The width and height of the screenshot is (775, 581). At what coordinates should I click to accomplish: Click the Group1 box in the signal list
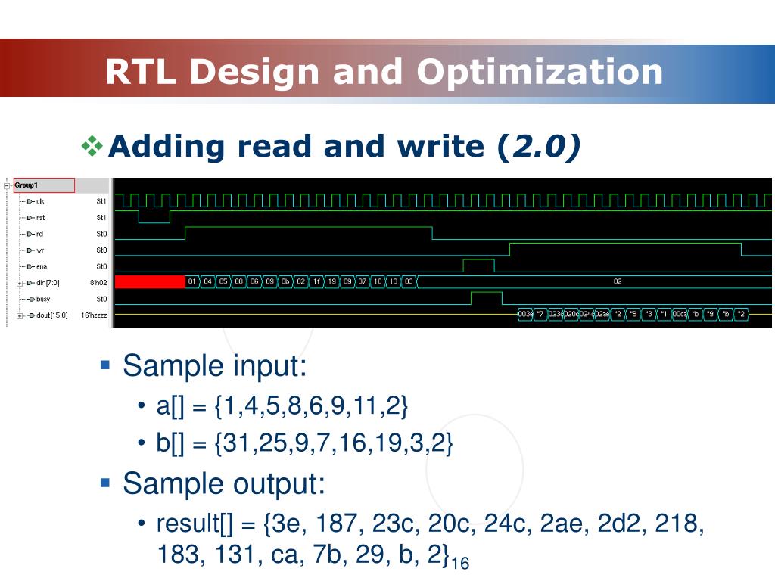pos(44,185)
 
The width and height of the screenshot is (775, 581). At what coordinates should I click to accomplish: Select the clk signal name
pos(40,201)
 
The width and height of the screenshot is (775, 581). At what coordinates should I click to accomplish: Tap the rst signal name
pos(40,217)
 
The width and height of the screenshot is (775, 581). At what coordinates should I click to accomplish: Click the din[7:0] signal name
pos(46,283)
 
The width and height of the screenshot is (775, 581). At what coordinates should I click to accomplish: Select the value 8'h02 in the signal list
pos(99,283)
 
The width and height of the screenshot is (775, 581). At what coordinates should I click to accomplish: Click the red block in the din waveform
pos(149,282)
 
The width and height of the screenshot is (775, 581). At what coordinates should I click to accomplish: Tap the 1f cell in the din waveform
pos(316,282)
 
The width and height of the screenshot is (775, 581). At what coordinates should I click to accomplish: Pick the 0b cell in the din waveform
pos(285,282)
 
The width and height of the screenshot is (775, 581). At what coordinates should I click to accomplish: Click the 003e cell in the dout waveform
pos(524,314)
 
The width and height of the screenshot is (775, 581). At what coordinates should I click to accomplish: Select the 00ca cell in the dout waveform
pos(679,314)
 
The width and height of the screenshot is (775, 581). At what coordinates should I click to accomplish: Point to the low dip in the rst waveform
pos(154,219)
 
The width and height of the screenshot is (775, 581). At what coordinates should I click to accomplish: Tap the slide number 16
pos(460,563)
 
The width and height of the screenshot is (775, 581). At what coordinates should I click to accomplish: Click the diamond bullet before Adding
pos(92,146)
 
